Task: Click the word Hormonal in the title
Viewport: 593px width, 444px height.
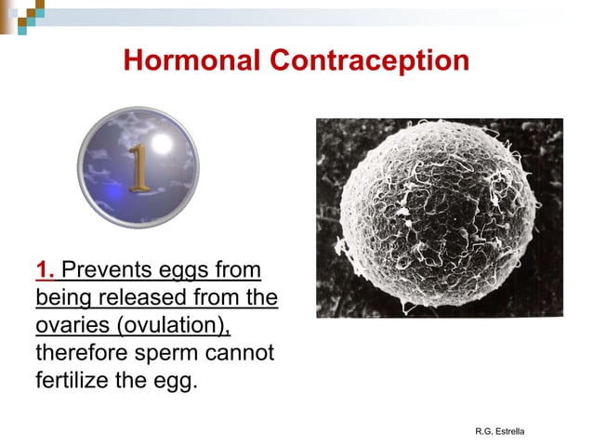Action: click(x=191, y=61)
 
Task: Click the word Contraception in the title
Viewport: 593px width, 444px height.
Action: click(x=369, y=61)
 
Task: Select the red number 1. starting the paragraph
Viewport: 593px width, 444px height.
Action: click(x=46, y=270)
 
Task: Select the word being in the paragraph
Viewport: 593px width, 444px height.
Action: click(x=62, y=298)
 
